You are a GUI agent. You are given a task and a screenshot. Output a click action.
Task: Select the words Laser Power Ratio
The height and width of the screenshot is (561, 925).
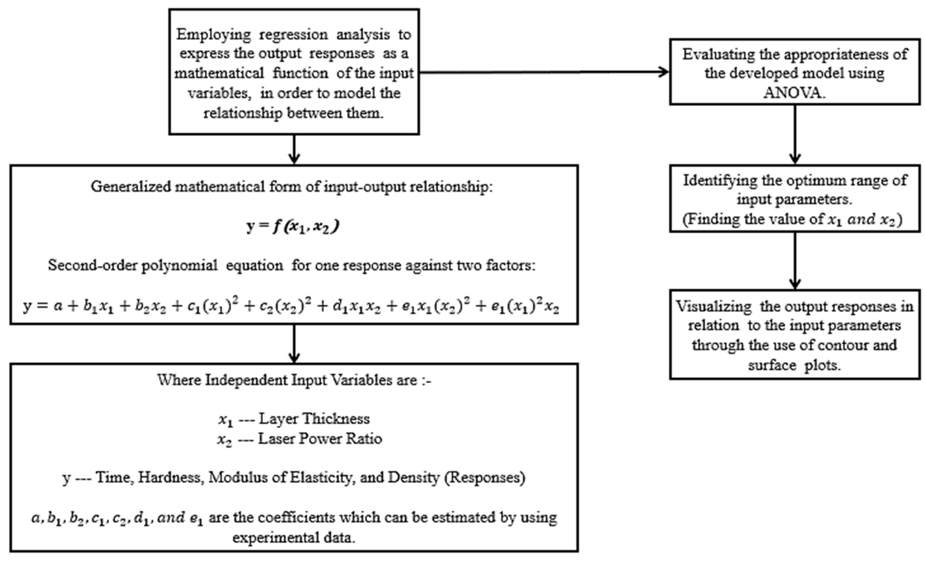click(320, 438)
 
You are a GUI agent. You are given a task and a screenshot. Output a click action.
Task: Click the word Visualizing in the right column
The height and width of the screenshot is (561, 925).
click(714, 307)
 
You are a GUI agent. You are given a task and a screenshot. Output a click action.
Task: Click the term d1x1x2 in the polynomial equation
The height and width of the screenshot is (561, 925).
click(356, 307)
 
